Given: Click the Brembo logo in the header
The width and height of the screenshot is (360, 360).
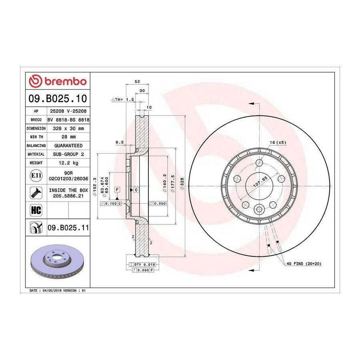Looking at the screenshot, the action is point(58,81).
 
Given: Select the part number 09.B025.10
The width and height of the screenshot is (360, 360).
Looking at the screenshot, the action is point(58,98).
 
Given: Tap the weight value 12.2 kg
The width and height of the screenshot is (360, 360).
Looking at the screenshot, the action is point(68,163).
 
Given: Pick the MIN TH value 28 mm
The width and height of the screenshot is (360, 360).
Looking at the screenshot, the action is point(68,137).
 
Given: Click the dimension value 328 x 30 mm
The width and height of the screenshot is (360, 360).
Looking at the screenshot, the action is point(68,128).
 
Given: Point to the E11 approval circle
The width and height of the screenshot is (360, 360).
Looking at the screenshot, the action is point(36,176).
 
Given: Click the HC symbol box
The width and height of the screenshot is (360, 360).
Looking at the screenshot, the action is point(36,210).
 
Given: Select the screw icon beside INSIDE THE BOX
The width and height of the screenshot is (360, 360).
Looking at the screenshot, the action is point(36,193).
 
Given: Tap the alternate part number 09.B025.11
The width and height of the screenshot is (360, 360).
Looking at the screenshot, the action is point(68,228).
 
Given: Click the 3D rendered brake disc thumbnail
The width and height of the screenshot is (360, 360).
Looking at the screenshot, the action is point(58,261).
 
